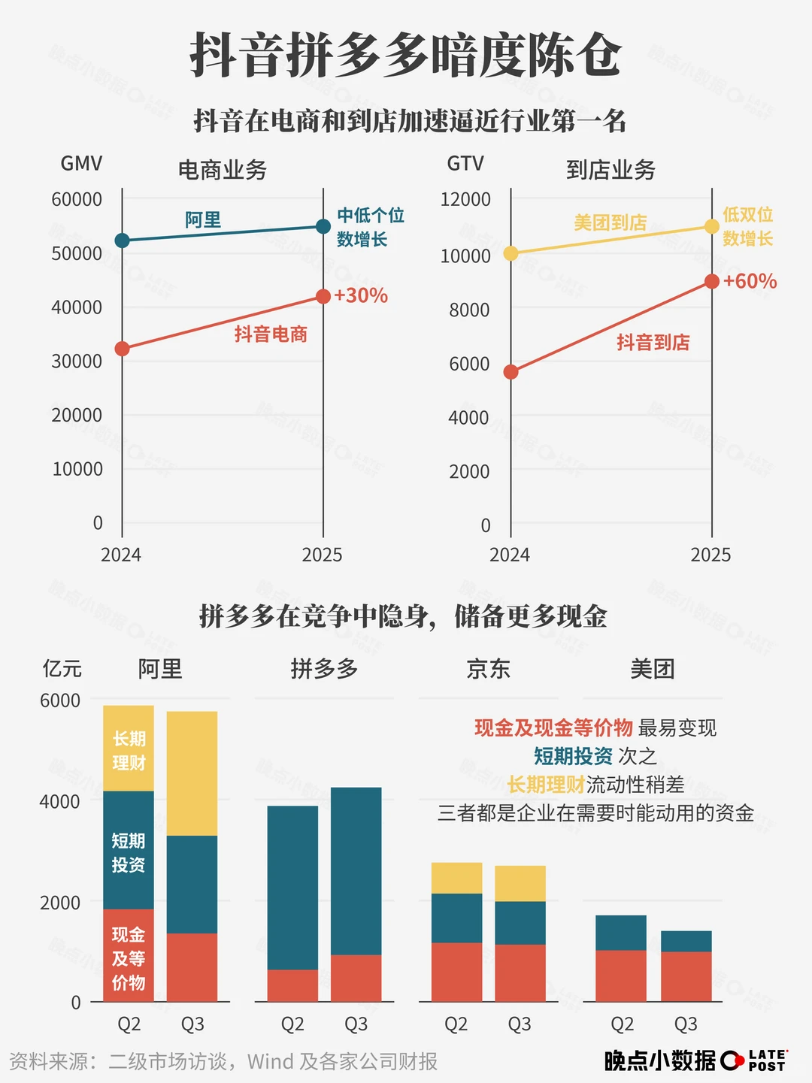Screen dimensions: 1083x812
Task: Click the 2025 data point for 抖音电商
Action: [323, 296]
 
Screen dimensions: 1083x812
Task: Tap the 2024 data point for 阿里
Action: [122, 240]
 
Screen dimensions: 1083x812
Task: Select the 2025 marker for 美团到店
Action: [712, 226]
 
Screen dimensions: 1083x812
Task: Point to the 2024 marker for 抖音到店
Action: [511, 372]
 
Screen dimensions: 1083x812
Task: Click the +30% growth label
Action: [361, 295]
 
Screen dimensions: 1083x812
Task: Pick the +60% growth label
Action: [750, 281]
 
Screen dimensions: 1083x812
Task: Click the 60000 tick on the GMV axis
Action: [77, 199]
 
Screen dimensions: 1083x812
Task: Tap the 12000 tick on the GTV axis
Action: [465, 199]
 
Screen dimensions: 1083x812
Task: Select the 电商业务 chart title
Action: [223, 170]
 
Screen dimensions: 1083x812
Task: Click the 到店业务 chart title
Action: [611, 170]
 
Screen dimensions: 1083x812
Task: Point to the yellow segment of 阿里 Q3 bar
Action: [192, 773]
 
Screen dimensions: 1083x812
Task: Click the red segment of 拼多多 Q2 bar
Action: [292, 985]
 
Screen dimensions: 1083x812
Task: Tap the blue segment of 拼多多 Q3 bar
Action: [356, 870]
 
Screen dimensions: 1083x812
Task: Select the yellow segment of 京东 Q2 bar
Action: [456, 878]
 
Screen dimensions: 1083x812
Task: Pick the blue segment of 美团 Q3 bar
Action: [686, 941]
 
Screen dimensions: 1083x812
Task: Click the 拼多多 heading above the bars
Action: [324, 668]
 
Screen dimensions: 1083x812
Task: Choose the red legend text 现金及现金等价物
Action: [553, 728]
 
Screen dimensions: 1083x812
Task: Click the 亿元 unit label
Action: [62, 668]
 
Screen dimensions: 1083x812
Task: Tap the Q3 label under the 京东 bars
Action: [520, 1024]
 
